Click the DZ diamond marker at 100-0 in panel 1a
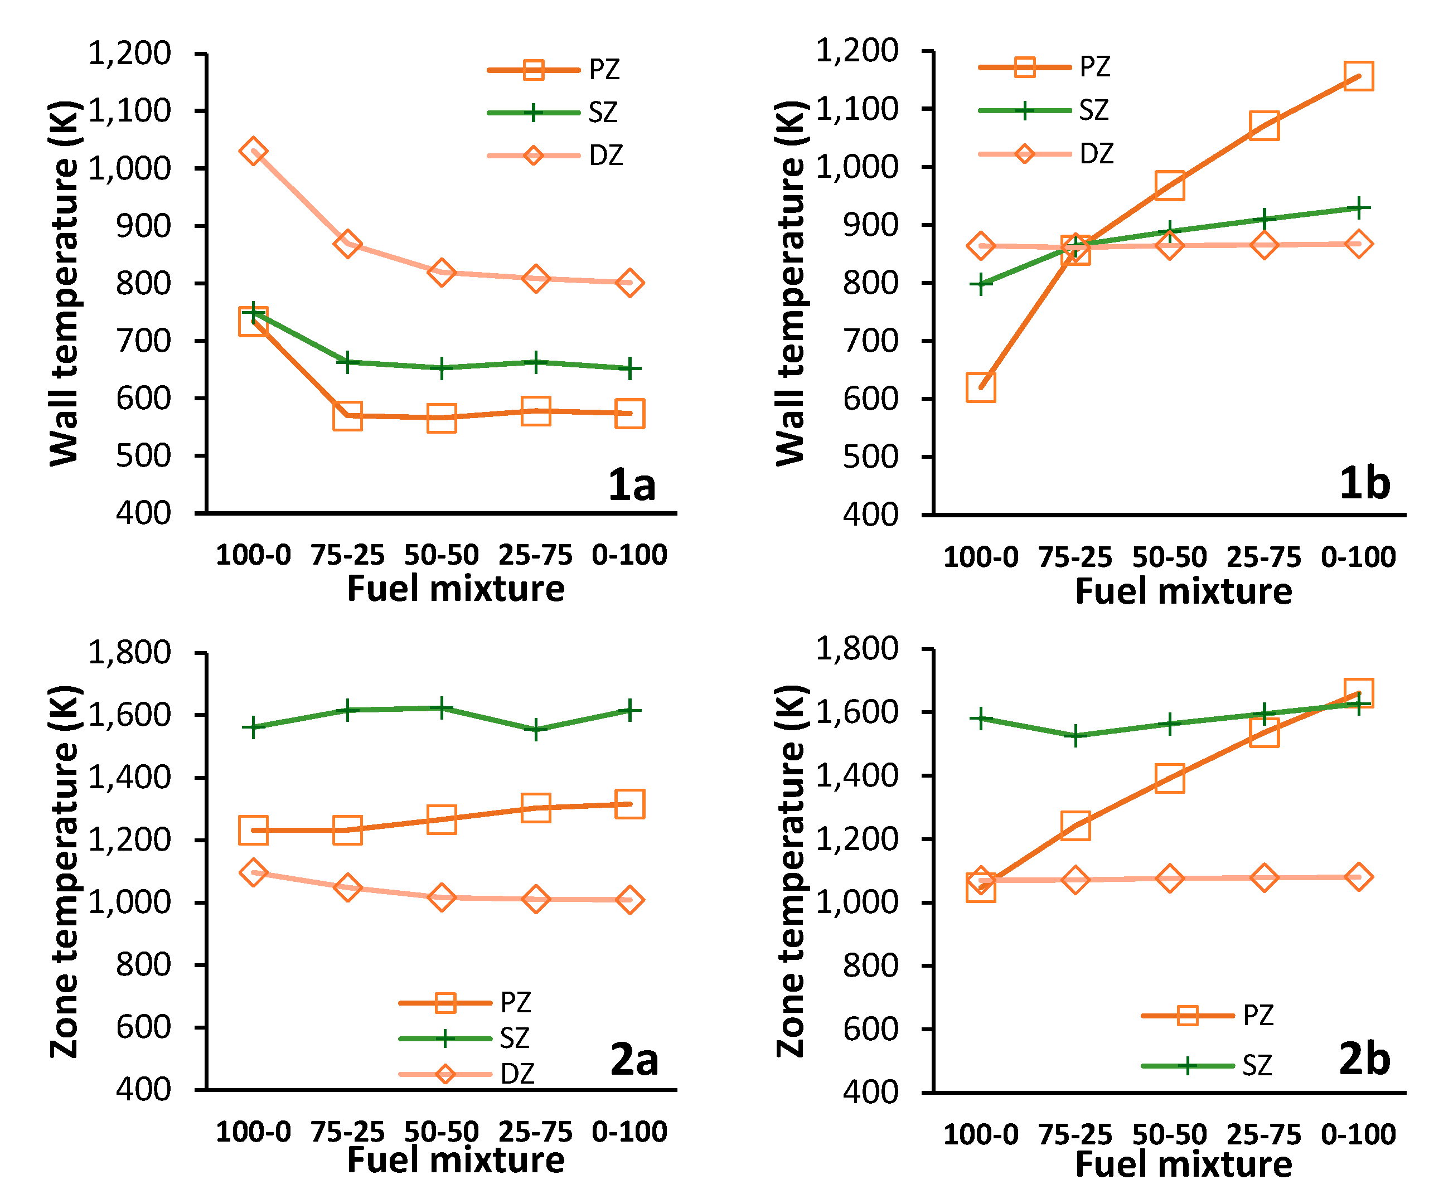(x=253, y=152)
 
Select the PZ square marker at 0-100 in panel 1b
(x=1358, y=76)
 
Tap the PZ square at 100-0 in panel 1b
(x=981, y=387)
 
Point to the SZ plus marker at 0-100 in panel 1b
(x=1358, y=208)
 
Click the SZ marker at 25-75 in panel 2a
(x=536, y=730)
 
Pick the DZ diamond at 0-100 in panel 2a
(x=629, y=900)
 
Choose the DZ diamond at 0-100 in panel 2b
(x=1358, y=877)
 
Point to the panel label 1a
(x=632, y=484)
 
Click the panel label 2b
(x=1364, y=1059)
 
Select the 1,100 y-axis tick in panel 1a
(x=129, y=111)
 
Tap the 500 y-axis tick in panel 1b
(x=870, y=457)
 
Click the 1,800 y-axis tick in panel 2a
(x=129, y=652)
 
